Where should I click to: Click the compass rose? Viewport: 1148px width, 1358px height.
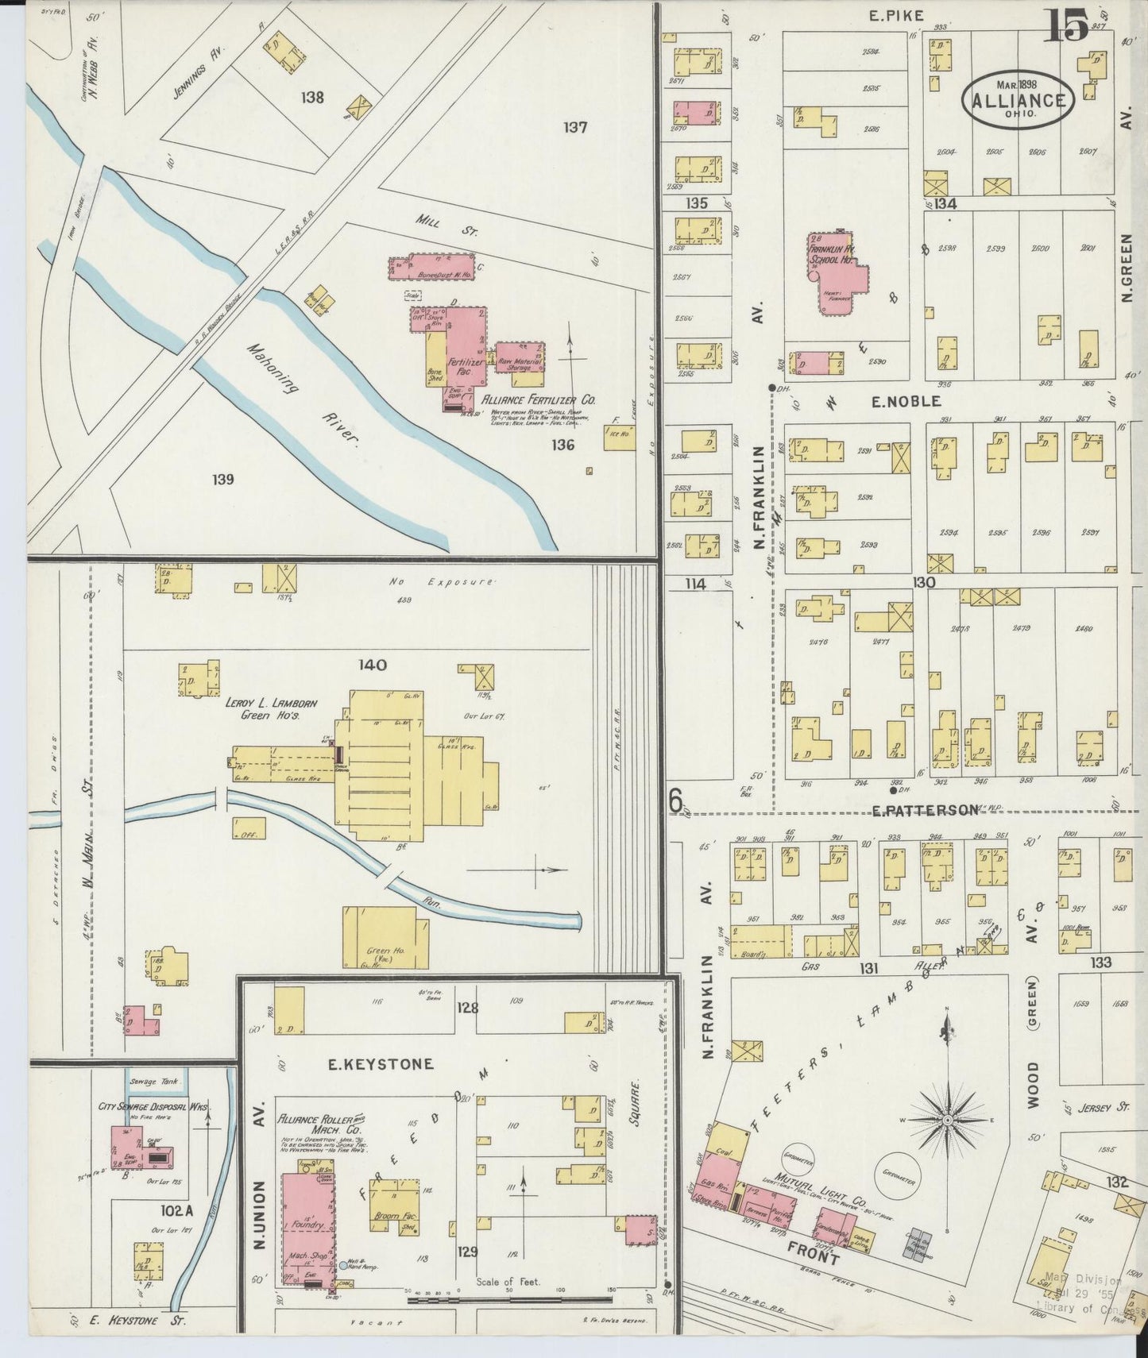(947, 1120)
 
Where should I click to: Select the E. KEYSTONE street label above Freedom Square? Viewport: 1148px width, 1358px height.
(381, 1063)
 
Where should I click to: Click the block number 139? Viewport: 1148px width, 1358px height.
(223, 479)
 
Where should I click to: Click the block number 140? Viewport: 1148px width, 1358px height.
(372, 665)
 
